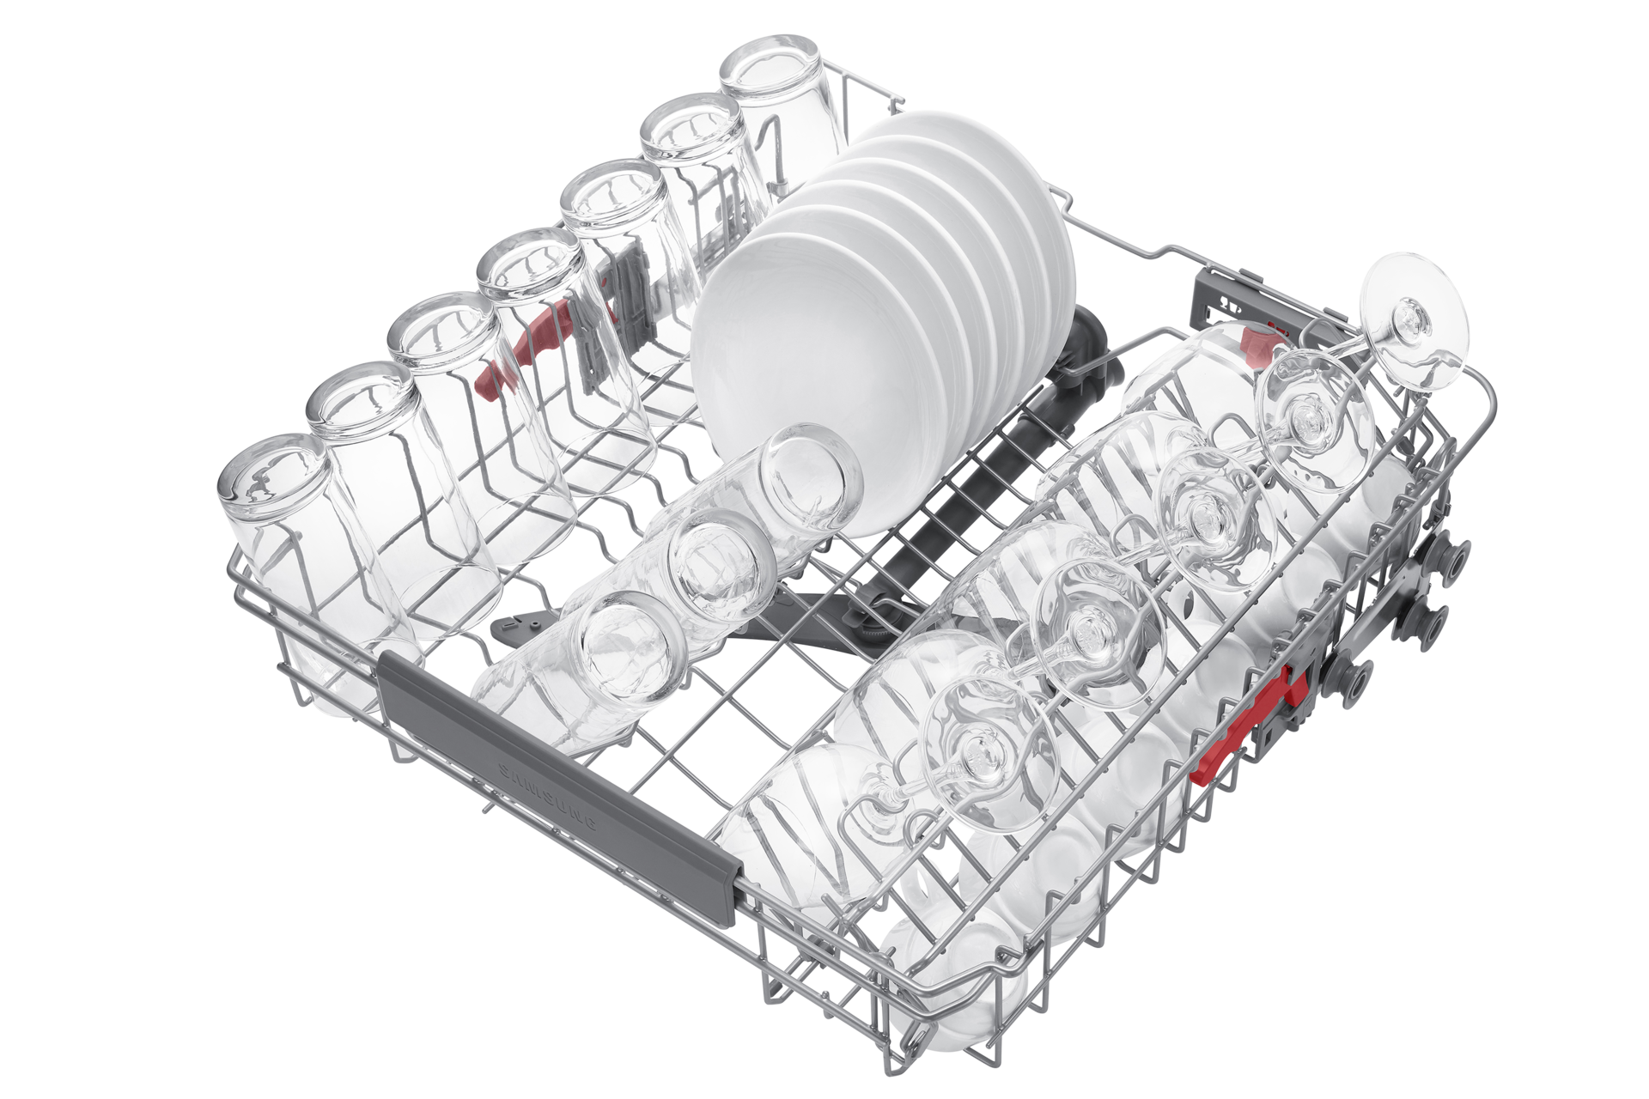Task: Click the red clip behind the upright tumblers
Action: pyautogui.click(x=524, y=352)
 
